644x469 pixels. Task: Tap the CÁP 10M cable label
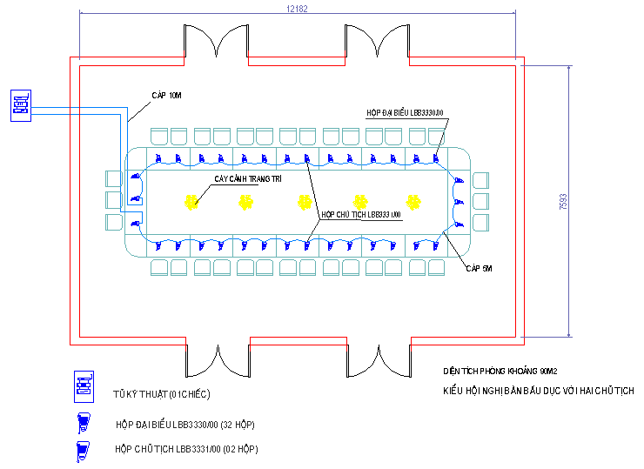[x=164, y=95]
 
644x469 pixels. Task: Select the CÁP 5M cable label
[x=480, y=269]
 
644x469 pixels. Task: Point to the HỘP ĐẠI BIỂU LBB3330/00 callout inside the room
[x=406, y=112]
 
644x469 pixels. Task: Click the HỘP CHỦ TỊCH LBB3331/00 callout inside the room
[x=360, y=214]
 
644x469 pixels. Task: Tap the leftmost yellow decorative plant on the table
[x=191, y=203]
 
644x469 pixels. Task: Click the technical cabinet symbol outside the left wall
[x=22, y=105]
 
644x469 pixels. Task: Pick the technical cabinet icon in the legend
[x=84, y=386]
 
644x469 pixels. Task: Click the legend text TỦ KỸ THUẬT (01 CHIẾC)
[x=162, y=394]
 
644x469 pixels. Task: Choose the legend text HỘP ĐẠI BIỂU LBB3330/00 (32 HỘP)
[x=185, y=425]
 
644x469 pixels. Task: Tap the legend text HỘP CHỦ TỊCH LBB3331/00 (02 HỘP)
[x=186, y=449]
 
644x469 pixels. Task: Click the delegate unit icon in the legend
[x=84, y=424]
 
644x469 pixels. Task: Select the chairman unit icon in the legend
[x=84, y=451]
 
